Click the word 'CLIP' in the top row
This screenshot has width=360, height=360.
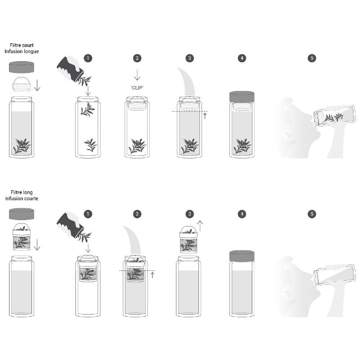pos(137,88)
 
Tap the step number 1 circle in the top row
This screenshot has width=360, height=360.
pos(88,58)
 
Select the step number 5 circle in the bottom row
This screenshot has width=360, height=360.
pos(312,214)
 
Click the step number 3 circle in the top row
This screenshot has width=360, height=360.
pos(189,58)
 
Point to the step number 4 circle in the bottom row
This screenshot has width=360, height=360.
pos(242,214)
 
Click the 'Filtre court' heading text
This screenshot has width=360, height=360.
pos(22,45)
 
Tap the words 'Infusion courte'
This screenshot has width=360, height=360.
pos(22,198)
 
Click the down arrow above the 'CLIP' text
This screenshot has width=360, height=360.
pos(137,75)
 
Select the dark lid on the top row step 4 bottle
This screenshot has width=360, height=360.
pos(242,96)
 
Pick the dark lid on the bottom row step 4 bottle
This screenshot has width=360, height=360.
pos(242,256)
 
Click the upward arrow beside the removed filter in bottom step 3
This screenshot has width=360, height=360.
pos(200,226)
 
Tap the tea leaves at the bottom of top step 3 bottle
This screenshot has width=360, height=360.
pos(189,146)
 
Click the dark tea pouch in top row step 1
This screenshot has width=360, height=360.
pos(69,69)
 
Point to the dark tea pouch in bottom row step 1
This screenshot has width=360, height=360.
pos(69,225)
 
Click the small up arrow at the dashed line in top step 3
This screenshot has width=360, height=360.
pos(205,115)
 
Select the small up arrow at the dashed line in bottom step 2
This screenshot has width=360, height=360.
pos(152,274)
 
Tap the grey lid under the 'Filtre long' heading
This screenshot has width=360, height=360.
pos(22,214)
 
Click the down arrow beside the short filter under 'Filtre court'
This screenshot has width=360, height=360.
pos(37,85)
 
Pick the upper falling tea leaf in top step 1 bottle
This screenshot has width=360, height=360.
pos(87,109)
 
